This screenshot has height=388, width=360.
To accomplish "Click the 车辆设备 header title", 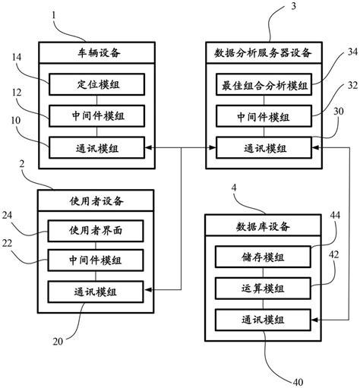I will [x=96, y=53].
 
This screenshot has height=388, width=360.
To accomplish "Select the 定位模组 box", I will [x=96, y=84].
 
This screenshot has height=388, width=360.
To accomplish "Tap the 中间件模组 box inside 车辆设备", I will [x=96, y=115].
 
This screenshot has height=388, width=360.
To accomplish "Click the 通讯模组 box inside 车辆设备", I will [x=96, y=147].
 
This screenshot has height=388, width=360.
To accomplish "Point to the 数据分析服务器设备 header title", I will [x=264, y=53].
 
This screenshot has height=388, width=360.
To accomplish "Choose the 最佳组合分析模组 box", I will [x=262, y=84].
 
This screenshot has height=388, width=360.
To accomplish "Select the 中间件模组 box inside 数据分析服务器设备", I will [x=262, y=115].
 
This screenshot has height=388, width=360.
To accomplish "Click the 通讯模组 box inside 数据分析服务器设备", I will [x=262, y=147].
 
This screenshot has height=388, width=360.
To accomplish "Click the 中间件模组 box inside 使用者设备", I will [x=96, y=260].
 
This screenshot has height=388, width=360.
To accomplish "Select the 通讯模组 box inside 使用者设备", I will [x=96, y=291].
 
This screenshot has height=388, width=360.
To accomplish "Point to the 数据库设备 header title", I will [x=263, y=226].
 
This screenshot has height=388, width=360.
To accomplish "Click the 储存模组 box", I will [x=263, y=257].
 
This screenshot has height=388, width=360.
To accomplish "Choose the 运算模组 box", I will [x=263, y=289].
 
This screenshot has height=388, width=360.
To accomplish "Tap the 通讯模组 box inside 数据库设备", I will [x=263, y=320].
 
